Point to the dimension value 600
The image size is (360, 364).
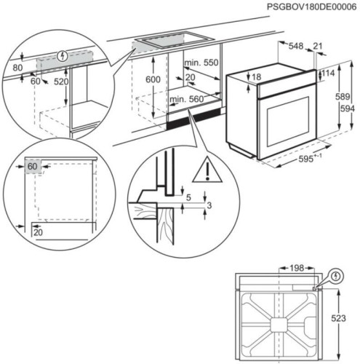[x=152, y=79]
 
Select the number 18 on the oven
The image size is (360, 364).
[x=257, y=77]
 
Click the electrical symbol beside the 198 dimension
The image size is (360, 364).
[x=335, y=276]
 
